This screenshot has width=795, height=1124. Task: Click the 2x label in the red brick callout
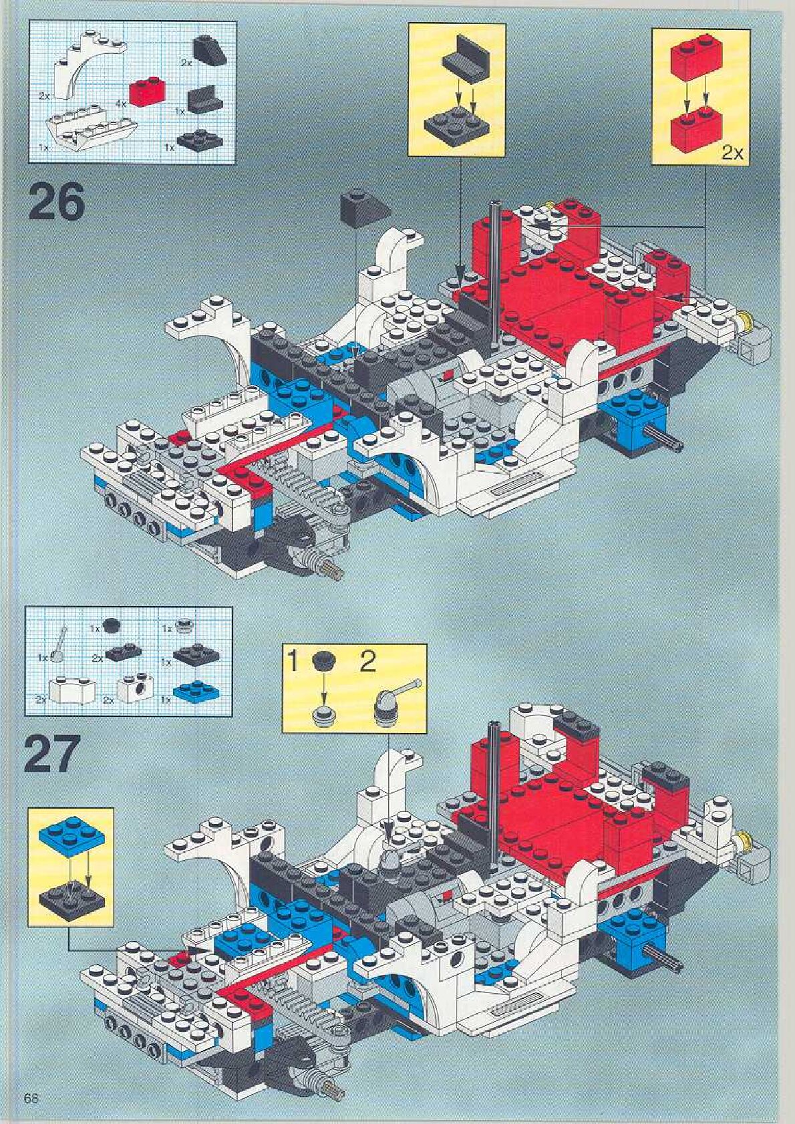click(732, 152)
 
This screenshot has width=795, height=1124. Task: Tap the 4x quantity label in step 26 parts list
click(121, 104)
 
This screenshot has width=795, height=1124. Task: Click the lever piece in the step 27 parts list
click(60, 644)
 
